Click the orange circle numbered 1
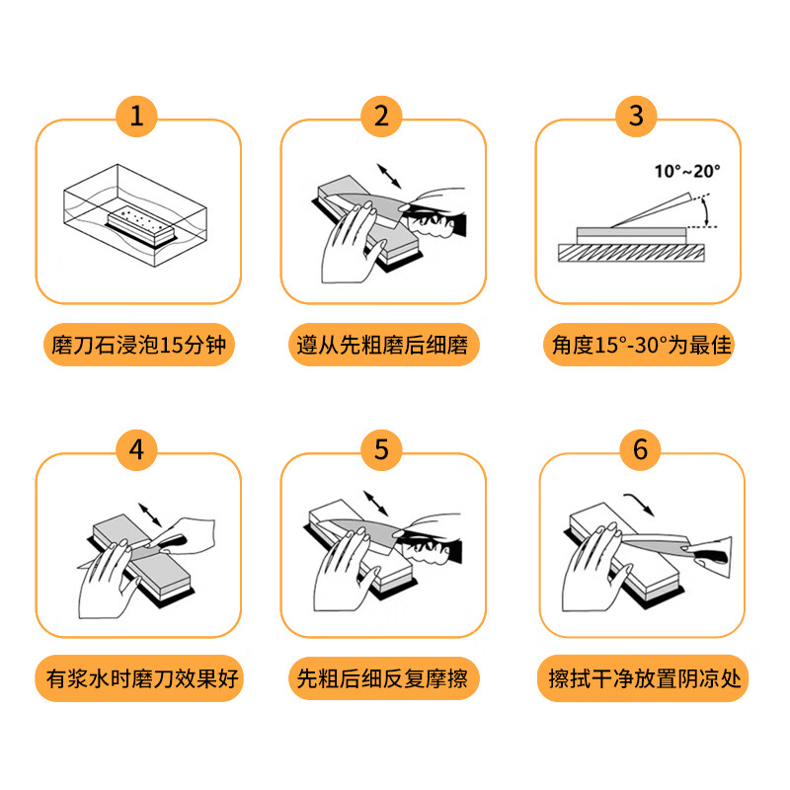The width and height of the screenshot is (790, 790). coord(137,118)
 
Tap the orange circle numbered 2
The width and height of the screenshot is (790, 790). coord(382,118)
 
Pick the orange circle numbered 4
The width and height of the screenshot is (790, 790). coord(137,450)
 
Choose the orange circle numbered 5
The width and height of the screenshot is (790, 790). coord(382,450)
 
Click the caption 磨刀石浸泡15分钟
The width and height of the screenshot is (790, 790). coord(137,346)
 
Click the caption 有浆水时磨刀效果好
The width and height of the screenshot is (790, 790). coord(138,680)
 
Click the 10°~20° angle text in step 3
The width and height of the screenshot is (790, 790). coord(687,170)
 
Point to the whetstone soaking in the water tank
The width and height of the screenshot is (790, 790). coord(137,223)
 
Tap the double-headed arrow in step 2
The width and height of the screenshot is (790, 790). coord(388,175)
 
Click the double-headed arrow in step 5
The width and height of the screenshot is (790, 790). coord(377,502)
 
